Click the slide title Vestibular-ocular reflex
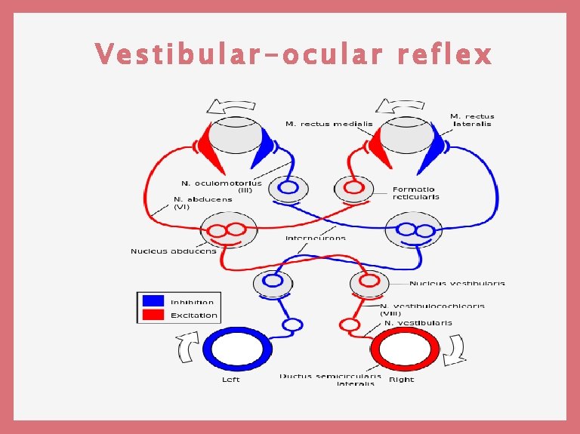coord(293,54)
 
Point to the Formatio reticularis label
coord(415,192)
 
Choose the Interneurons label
coord(316,238)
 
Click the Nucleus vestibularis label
coord(457,284)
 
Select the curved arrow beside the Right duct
coord(456,350)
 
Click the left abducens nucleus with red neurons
coord(227,229)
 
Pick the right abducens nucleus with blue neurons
coord(415,229)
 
